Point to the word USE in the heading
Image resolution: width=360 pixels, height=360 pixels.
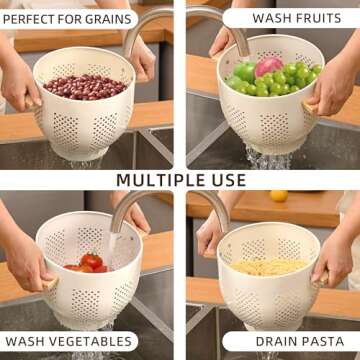(226, 180)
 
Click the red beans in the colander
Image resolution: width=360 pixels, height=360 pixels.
(84, 86)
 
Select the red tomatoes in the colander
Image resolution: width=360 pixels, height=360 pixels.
(90, 262)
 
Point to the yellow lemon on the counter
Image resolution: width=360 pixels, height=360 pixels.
(279, 196)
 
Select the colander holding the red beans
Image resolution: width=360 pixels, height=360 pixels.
(85, 120)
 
